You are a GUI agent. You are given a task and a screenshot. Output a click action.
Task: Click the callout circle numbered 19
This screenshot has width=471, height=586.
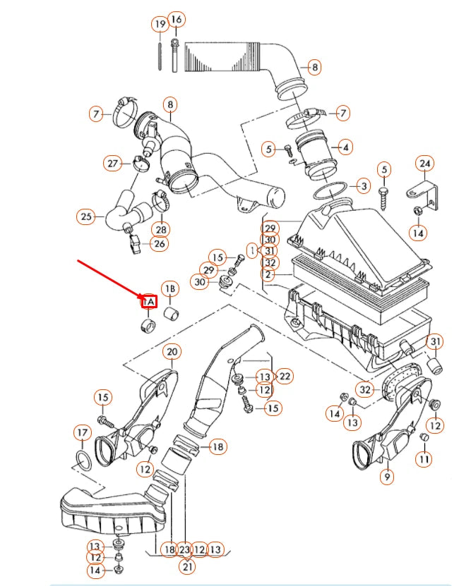pyautogui.click(x=160, y=25)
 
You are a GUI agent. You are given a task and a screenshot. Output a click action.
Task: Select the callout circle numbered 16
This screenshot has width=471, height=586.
pyautogui.click(x=177, y=19)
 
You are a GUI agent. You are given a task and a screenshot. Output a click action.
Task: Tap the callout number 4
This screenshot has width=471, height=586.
pyautogui.click(x=345, y=148)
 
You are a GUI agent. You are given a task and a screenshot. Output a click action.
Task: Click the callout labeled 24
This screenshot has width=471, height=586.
pyautogui.click(x=424, y=164)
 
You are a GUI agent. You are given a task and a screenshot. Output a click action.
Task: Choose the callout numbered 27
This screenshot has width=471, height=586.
pyautogui.click(x=113, y=164)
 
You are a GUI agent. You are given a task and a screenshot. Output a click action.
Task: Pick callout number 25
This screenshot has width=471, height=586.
pyautogui.click(x=86, y=216)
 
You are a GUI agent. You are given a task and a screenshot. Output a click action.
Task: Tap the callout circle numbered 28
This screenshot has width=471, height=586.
pyautogui.click(x=161, y=230)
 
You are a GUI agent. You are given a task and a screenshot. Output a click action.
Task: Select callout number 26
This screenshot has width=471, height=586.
pyautogui.click(x=160, y=244)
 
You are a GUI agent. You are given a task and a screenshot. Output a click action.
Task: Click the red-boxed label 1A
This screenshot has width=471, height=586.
pyautogui.click(x=148, y=303)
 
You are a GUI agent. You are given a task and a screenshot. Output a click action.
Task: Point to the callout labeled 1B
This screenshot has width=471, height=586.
pyautogui.click(x=170, y=289)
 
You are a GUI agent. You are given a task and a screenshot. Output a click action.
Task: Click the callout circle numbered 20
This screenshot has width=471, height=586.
pyautogui.click(x=171, y=351)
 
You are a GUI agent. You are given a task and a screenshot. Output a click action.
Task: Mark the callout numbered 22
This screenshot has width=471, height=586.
pyautogui.click(x=285, y=377)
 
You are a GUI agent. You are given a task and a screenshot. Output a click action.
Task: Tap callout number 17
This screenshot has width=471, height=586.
pyautogui.click(x=83, y=432)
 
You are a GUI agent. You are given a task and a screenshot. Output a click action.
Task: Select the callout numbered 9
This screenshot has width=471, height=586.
pyautogui.click(x=386, y=477)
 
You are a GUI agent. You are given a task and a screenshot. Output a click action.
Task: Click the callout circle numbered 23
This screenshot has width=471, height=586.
pyautogui.click(x=185, y=549)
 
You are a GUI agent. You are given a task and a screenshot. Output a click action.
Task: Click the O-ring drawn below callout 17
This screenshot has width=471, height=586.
pyautogui.click(x=83, y=463)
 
